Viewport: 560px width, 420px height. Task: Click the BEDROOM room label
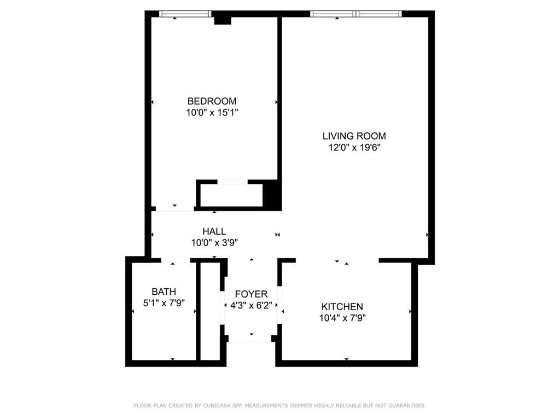click(x=212, y=101)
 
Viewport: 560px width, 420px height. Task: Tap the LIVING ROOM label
click(x=354, y=136)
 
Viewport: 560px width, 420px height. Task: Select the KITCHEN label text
click(x=342, y=307)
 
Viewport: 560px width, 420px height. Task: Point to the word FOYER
click(x=251, y=294)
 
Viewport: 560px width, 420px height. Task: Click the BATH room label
click(x=164, y=292)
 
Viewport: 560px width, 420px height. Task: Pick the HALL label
click(x=214, y=232)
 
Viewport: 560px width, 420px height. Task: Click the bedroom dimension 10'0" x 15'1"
click(x=212, y=113)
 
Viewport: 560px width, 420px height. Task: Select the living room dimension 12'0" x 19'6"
click(x=354, y=148)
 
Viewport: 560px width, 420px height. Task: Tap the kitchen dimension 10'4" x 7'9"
click(x=342, y=318)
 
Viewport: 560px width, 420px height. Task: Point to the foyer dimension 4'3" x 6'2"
click(x=251, y=306)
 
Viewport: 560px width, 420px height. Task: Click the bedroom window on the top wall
click(x=185, y=14)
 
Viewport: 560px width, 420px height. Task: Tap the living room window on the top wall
click(x=355, y=14)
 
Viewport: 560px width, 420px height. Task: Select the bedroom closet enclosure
click(x=231, y=195)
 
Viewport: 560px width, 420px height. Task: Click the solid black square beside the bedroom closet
click(x=272, y=195)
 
